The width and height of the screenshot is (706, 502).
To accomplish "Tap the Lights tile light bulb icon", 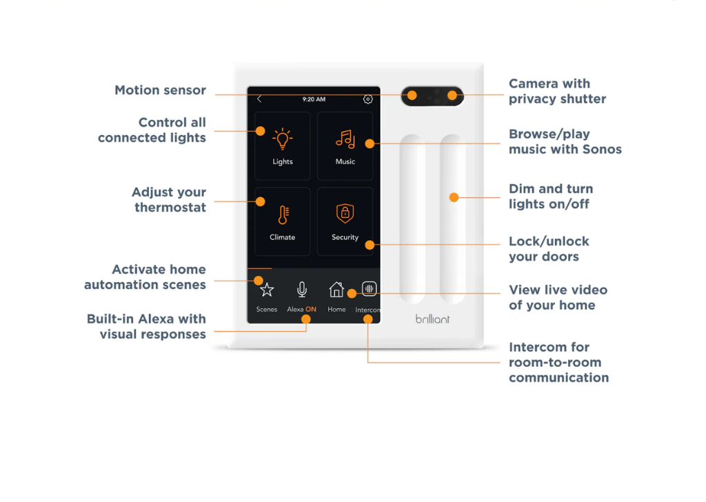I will click(x=282, y=139).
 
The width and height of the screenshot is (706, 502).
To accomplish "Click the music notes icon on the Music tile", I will click(x=345, y=139).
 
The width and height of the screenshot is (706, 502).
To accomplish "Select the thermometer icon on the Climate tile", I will click(x=282, y=214).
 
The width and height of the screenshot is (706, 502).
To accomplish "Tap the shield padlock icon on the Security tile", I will click(x=345, y=213).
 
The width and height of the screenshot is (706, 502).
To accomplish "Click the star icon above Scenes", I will click(x=267, y=290).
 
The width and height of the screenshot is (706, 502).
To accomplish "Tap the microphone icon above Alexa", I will click(x=301, y=290).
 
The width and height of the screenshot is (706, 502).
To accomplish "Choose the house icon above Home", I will click(x=336, y=289).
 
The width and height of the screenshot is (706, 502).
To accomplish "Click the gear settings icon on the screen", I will click(x=367, y=99).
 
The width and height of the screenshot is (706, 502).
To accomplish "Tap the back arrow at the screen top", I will click(x=259, y=99).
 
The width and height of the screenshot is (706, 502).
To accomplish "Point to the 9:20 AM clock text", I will click(x=314, y=99).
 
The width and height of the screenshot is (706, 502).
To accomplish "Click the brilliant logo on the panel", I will click(x=432, y=319).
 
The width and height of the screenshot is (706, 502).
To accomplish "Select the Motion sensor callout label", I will click(x=160, y=90).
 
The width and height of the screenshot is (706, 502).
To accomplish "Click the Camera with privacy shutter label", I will click(x=557, y=91).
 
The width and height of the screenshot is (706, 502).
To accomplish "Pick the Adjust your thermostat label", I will click(x=169, y=200).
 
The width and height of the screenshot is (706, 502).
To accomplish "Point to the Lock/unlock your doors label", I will click(x=549, y=249).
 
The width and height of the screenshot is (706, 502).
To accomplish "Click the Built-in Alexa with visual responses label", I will click(x=146, y=326).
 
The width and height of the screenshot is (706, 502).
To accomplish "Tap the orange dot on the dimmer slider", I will click(x=454, y=197).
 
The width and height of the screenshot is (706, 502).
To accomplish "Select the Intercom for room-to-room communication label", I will click(x=558, y=362).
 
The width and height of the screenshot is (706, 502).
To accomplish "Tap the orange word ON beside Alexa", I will click(x=311, y=310).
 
